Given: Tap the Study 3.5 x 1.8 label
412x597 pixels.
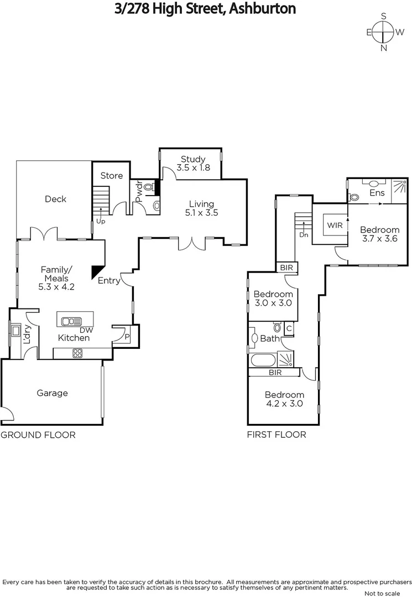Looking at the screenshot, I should [193, 164].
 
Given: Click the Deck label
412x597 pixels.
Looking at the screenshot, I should [55, 199].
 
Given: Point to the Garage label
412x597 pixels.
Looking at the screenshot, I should [53, 393].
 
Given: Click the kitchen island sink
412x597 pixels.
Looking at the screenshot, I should [72, 321].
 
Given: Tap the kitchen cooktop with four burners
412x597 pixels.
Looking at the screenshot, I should [77, 353].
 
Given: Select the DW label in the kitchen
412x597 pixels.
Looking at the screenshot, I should [86, 329].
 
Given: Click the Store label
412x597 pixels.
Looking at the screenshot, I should [111, 176].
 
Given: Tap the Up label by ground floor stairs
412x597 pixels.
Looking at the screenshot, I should [101, 221].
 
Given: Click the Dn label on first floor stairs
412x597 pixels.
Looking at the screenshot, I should [303, 234].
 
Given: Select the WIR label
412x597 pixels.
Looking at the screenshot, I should [334, 226].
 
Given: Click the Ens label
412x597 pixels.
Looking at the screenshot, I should [377, 193].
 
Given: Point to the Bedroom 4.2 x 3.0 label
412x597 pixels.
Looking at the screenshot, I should [284, 399].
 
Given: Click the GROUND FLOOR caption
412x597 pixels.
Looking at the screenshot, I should [38, 435].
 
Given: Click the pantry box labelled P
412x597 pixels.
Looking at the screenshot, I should [127, 336].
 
